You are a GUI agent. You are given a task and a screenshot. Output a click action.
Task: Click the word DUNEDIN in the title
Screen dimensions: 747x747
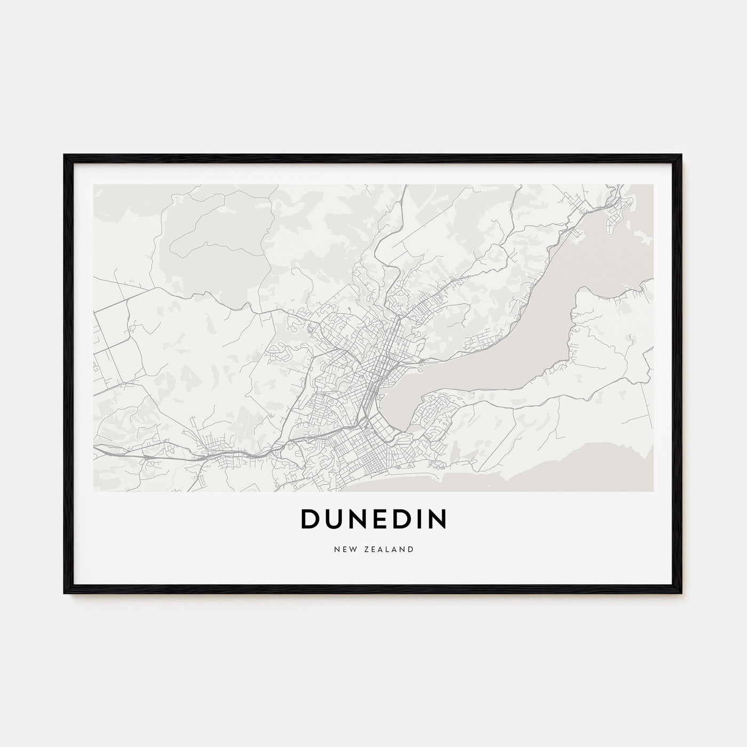pyautogui.click(x=373, y=519)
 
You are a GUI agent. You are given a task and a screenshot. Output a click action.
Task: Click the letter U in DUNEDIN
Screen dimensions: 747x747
pyautogui.click(x=333, y=519)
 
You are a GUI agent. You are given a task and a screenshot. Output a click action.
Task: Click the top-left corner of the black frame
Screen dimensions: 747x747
pyautogui.click(x=65, y=156)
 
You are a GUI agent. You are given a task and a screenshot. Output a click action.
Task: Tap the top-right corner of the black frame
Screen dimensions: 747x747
pyautogui.click(x=681, y=156)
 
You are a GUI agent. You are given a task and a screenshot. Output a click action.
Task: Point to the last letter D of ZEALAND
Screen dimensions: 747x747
pyautogui.click(x=411, y=549)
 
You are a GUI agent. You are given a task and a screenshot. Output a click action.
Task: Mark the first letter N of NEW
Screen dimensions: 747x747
pyautogui.click(x=336, y=549)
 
